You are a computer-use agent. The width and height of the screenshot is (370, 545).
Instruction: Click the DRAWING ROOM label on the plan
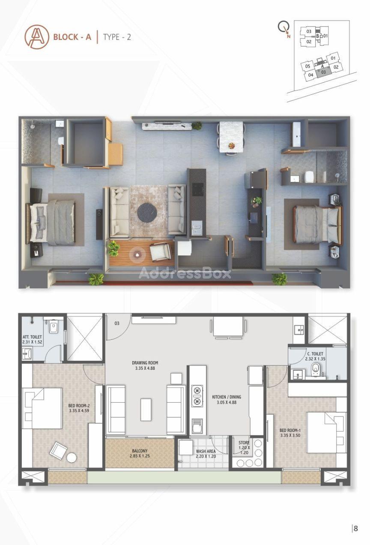point(145,363)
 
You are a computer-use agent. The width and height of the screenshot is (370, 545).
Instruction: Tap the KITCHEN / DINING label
point(227,397)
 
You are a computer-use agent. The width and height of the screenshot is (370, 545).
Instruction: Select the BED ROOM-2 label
point(79,406)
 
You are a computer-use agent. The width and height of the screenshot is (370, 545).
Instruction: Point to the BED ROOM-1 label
point(290,430)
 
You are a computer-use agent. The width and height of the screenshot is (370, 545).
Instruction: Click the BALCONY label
point(140,451)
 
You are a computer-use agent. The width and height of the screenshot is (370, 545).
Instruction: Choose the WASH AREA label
point(206,451)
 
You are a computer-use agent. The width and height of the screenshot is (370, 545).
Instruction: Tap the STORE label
point(244,443)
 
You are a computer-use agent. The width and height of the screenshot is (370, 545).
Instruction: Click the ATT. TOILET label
point(32,337)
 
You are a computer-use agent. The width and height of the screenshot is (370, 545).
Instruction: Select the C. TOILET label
point(315,354)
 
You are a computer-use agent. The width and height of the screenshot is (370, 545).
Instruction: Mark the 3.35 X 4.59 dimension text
point(79,411)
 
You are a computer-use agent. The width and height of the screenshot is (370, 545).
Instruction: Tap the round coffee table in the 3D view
point(147,213)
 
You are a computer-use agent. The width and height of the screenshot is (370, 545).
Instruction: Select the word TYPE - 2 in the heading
point(117,37)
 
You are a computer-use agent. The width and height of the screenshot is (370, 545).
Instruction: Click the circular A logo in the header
point(37,37)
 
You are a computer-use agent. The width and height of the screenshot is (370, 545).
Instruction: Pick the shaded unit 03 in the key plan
point(323,72)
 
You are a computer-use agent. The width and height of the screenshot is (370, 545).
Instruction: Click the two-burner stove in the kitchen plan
point(197,396)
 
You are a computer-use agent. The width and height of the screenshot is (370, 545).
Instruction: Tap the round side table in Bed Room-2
point(72,457)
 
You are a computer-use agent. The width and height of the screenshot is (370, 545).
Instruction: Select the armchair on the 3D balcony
point(160,252)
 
